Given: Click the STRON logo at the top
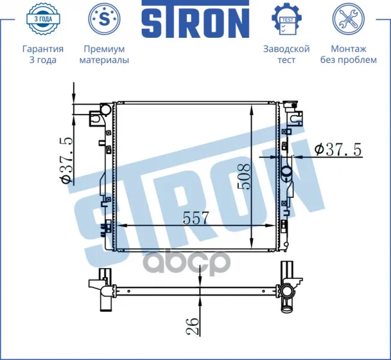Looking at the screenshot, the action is click(195, 19).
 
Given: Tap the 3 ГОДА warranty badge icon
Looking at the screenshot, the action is click(43, 19).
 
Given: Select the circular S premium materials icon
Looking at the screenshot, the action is click(105, 19).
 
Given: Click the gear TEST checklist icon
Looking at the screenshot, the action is click(286, 19).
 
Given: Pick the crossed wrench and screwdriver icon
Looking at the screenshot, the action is click(348, 19).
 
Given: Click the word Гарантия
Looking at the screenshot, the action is click(43, 49).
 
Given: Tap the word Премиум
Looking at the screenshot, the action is click(105, 49).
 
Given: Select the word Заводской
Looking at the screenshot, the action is click(286, 49).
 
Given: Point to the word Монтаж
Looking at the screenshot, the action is click(348, 49).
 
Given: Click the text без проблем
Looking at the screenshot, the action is click(348, 60).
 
